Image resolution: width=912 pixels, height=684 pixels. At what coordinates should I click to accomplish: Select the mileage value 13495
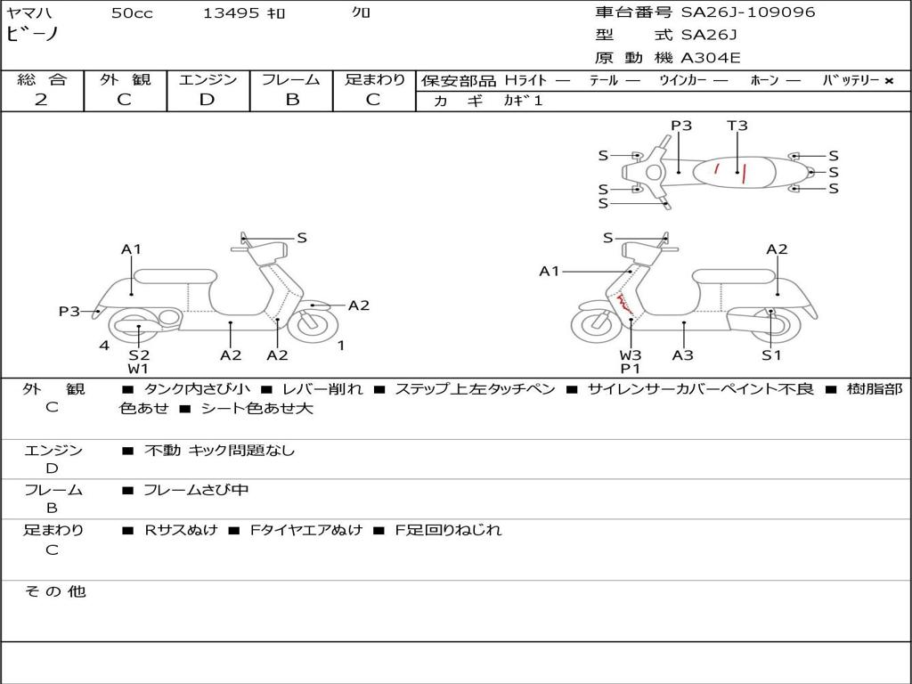click(232, 13)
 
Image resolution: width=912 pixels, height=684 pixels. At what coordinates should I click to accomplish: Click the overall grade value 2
click(41, 100)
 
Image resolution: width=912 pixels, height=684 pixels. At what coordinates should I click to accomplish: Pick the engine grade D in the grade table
click(208, 100)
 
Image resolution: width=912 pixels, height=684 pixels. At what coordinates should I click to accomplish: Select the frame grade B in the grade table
click(291, 100)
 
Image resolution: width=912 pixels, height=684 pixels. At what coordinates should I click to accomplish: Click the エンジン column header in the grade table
click(208, 80)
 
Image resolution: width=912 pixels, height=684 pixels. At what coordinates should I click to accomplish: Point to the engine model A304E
click(711, 59)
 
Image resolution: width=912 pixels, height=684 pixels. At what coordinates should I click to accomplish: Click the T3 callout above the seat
click(737, 126)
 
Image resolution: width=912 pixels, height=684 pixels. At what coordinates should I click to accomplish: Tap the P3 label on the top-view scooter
click(681, 126)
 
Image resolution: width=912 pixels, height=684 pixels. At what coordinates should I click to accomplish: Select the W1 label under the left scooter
click(138, 369)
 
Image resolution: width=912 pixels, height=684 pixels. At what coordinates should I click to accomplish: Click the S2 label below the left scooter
click(139, 355)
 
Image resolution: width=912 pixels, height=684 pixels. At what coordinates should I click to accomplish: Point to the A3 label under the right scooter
click(683, 355)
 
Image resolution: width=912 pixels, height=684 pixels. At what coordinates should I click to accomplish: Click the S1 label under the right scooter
click(771, 355)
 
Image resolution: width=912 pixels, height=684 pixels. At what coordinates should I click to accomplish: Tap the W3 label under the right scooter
click(631, 355)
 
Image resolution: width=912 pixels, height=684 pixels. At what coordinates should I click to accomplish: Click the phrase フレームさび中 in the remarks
click(196, 491)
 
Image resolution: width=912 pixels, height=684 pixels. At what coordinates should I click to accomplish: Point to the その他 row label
click(54, 591)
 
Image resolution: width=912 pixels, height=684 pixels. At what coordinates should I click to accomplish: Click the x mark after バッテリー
click(889, 81)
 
